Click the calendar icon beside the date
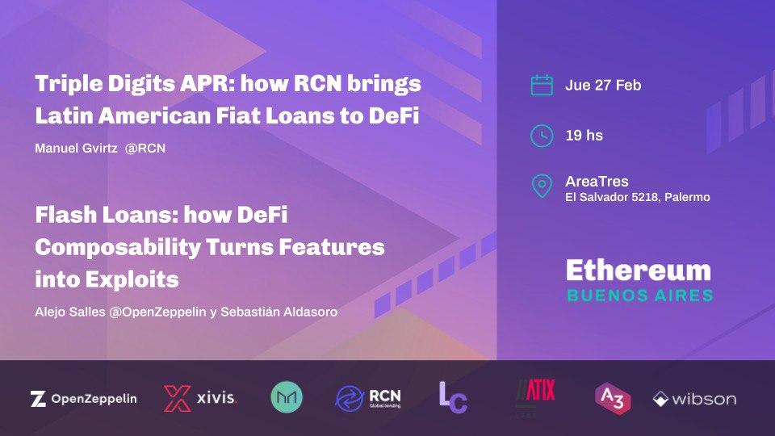pos(542,85)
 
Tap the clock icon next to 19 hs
pos(542,135)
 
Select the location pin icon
pos(542,186)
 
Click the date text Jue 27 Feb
pos(603,85)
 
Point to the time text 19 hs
pos(584,135)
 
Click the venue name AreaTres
pos(597,181)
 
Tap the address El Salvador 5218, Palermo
pos(638,197)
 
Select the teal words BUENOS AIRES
pos(639,295)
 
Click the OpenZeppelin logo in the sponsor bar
pos(83,398)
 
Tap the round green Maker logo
pos(287,397)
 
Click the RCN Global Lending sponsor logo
pos(368,397)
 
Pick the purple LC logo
pos(453,397)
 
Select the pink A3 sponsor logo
pos(612,398)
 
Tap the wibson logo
pos(694,399)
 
